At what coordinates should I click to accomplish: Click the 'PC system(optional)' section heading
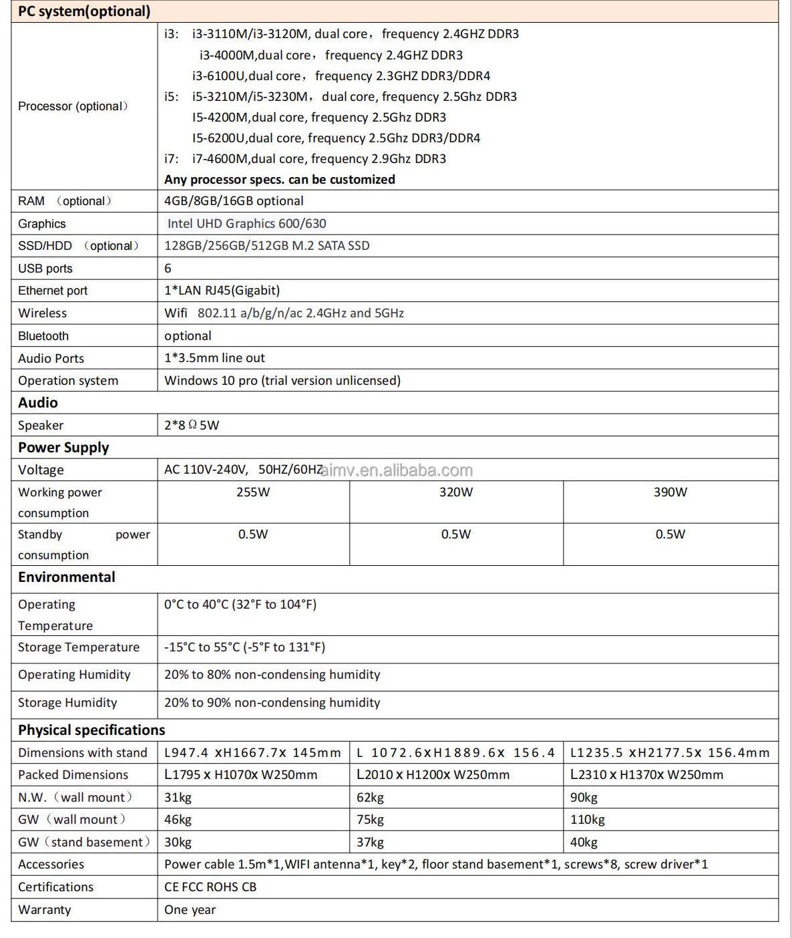point(84,11)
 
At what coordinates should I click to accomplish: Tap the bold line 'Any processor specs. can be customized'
point(279,180)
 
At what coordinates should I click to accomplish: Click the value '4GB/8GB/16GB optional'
point(234,201)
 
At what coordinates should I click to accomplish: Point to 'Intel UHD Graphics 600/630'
point(246,224)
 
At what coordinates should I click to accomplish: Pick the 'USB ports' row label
point(45,269)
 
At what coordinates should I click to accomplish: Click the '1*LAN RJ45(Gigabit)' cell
point(222,291)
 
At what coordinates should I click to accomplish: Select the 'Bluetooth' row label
point(43,336)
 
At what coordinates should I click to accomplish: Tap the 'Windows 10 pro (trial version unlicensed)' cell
point(282,381)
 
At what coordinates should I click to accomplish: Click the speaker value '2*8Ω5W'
point(192,426)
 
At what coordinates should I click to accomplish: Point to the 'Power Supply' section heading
point(63,448)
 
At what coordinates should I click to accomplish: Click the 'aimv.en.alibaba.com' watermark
point(397,470)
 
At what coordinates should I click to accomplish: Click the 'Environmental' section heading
point(67,577)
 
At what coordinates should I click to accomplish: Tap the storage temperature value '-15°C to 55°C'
point(244,647)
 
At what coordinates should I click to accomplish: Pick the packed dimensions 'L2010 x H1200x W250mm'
point(433,775)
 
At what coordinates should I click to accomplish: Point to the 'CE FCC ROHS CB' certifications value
point(210,887)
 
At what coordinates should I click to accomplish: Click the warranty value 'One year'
point(190,910)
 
